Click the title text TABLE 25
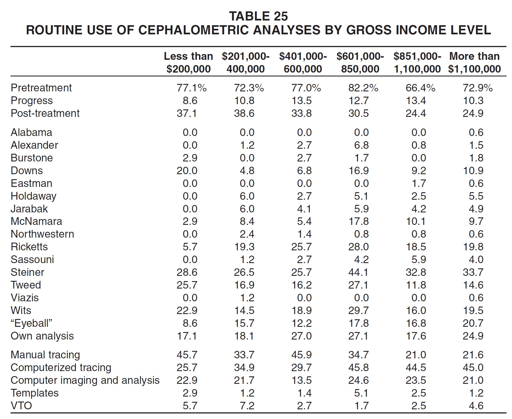(258, 16)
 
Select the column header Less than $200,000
(188, 63)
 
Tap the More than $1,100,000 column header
(474, 63)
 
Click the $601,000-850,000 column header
(360, 63)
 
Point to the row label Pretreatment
(41, 88)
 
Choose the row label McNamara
(36, 221)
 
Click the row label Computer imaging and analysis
(85, 381)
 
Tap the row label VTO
(21, 406)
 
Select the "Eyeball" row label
(31, 323)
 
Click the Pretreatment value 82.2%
(363, 88)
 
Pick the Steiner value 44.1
(358, 272)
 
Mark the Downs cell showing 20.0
(187, 171)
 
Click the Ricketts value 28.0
(358, 247)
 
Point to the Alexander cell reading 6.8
(361, 145)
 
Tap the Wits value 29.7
(358, 310)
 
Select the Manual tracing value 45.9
(301, 355)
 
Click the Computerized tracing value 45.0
(473, 367)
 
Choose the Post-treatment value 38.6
(244, 113)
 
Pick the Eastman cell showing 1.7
(419, 183)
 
